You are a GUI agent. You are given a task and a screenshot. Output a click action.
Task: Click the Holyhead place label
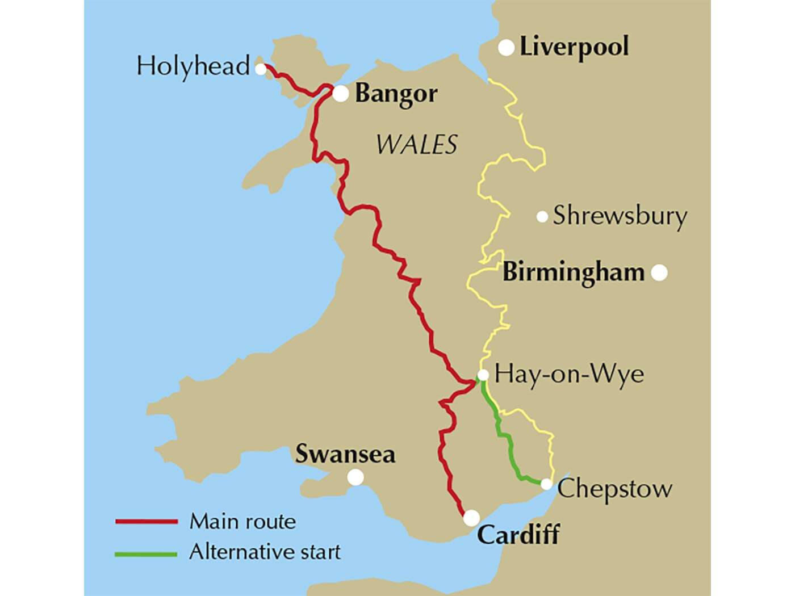point(193,66)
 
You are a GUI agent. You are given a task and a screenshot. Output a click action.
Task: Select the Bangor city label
point(396,94)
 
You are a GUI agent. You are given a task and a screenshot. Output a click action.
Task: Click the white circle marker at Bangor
point(340,94)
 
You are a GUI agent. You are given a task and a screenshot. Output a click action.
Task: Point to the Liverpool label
point(574,47)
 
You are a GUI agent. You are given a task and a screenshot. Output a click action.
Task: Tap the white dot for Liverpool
point(506,48)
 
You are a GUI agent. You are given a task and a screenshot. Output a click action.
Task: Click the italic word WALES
point(416,145)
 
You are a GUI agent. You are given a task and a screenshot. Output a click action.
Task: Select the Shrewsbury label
point(620,216)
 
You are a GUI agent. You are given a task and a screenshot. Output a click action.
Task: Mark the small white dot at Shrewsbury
point(542,216)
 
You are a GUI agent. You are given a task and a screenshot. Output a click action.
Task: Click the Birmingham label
point(574,273)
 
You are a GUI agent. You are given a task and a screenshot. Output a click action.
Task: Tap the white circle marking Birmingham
point(659,273)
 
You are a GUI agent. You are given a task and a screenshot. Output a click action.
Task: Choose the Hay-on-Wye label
point(570,375)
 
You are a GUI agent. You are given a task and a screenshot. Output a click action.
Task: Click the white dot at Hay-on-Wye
point(483,375)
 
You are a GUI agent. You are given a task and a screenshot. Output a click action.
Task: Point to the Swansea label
point(345,454)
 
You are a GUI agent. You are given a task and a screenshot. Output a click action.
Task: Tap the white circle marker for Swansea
point(355,477)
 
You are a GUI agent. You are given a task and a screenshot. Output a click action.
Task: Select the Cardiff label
point(518,535)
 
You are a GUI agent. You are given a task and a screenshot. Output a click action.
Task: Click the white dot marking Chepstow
point(546,484)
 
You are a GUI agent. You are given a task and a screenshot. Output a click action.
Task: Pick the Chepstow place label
point(615,489)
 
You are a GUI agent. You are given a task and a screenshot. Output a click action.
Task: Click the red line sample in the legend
point(147,521)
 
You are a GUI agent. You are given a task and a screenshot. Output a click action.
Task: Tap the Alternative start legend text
point(265,552)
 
